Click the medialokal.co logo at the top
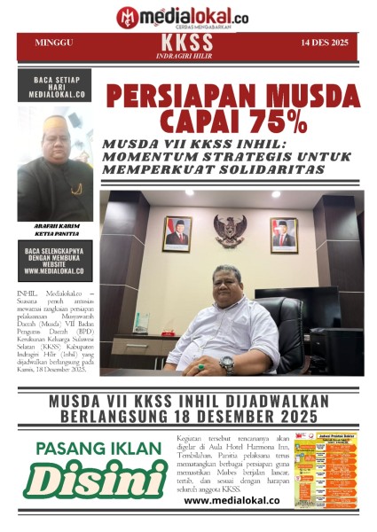tap(182, 15)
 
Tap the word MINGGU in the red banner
tap(54, 43)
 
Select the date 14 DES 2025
tap(326, 43)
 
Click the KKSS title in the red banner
tap(187, 42)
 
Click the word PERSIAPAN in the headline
tap(176, 96)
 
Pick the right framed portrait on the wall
tap(283, 235)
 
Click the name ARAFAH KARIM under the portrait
tap(54, 226)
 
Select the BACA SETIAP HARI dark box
tap(54, 87)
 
